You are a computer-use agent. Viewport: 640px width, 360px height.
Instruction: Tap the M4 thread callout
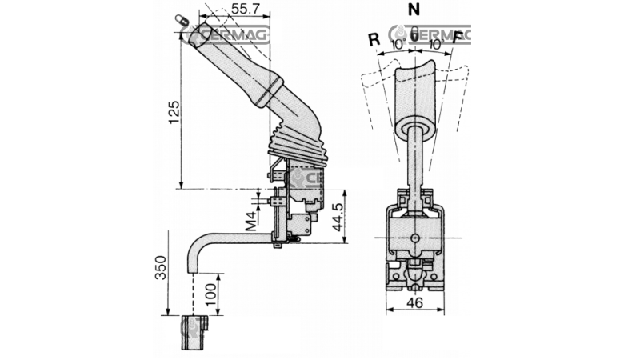[250, 218]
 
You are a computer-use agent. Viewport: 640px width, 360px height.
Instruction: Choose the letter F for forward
[457, 38]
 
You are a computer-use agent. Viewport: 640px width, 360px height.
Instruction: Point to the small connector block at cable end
[195, 332]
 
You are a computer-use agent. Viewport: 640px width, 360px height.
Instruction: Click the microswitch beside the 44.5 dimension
[302, 224]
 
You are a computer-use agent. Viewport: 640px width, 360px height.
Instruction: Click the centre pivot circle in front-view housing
[414, 239]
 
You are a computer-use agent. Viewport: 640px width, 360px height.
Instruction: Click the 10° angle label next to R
[398, 45]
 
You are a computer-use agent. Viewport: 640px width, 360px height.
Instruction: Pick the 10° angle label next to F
[433, 45]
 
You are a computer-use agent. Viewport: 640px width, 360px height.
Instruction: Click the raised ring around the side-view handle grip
[269, 90]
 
